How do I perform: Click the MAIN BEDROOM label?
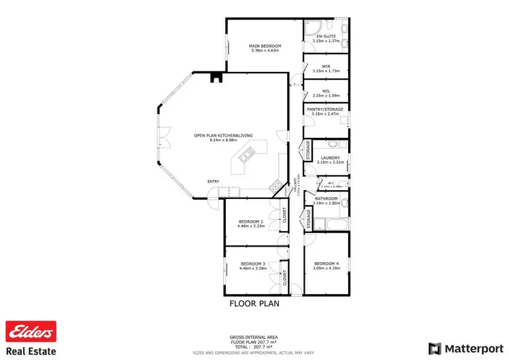265,46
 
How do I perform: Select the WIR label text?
326,67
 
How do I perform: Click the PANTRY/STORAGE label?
325,109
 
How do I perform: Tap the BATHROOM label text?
326,199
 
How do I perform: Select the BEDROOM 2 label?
250,221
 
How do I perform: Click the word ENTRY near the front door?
214,181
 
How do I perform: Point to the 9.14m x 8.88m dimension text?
223,140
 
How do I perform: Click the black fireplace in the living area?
216,77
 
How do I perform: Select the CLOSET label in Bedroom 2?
284,216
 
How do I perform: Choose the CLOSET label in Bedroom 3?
284,277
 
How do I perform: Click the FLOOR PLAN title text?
254,304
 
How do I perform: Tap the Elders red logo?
30,332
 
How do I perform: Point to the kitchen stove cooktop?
276,185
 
